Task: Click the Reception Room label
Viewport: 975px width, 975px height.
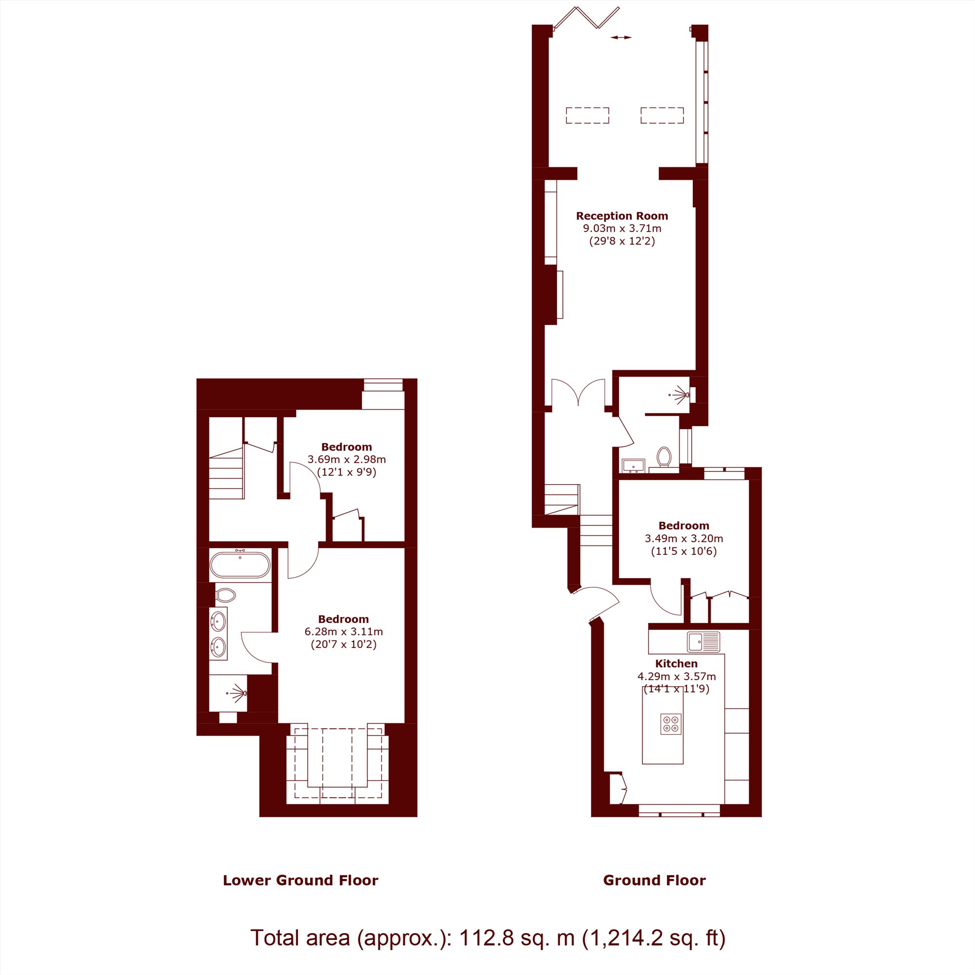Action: pos(622,216)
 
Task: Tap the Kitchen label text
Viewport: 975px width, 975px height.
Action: pos(676,663)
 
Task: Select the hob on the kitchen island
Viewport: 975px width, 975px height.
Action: pos(671,723)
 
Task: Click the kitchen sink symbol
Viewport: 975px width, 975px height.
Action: pos(703,642)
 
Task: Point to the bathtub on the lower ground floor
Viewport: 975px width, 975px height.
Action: pos(240,565)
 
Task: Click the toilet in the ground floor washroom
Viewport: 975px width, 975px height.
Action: pos(663,457)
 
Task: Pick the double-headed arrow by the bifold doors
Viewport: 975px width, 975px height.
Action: pos(621,38)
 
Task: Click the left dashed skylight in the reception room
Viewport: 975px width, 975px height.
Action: pos(587,116)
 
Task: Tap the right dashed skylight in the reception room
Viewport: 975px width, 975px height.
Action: pos(662,116)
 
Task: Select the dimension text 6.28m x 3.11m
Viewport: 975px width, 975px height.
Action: pos(344,631)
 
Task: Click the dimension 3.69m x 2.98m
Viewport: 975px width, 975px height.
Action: pos(347,459)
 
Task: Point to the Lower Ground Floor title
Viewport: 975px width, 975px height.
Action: pos(300,880)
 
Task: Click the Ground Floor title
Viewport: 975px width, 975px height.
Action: pos(655,880)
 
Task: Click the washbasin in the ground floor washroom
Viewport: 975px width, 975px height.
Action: pos(633,465)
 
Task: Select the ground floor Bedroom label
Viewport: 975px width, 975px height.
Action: pos(684,526)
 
